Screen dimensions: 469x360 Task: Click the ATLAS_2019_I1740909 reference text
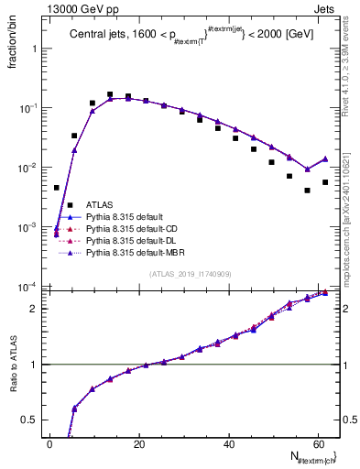[x=189, y=274]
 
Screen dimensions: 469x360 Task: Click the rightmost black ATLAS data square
[x=325, y=182]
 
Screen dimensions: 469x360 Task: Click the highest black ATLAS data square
[x=110, y=94]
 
